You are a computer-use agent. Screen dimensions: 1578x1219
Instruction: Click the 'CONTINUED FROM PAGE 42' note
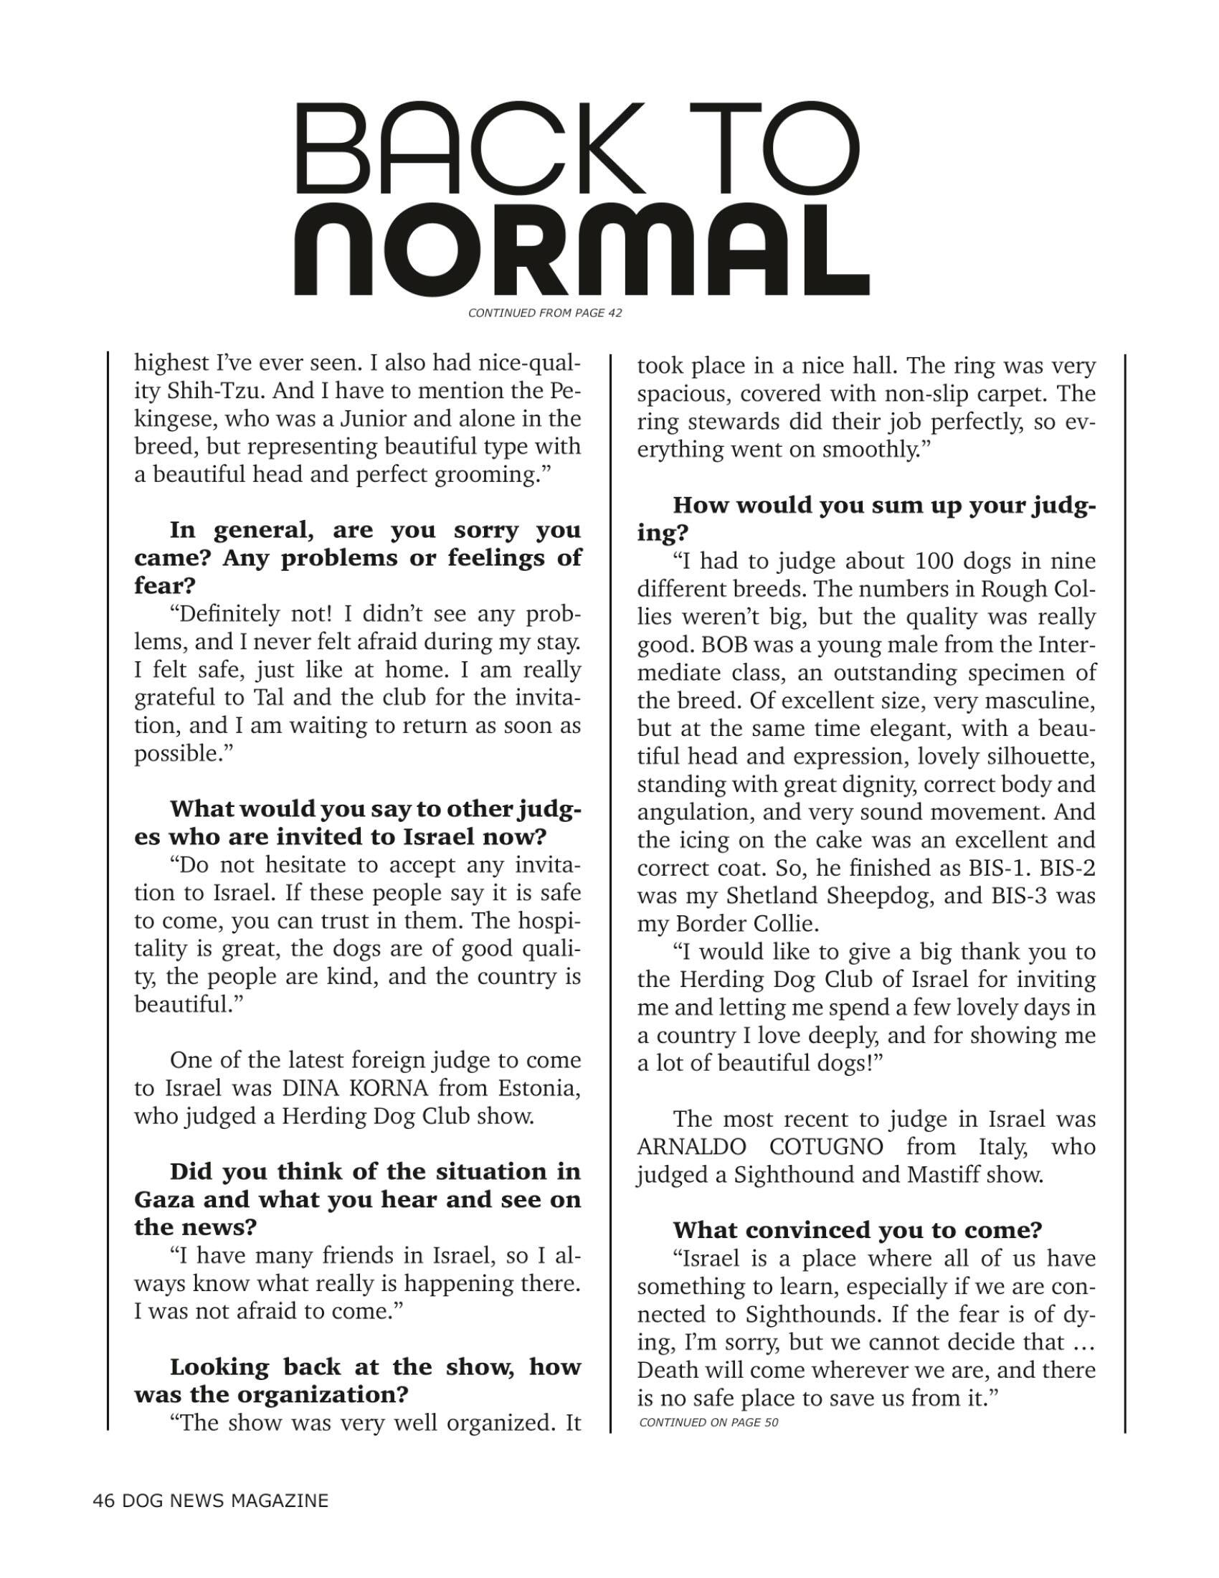click(545, 313)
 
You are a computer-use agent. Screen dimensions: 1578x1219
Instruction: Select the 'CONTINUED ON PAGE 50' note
click(708, 1422)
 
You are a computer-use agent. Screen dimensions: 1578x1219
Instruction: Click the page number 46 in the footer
click(103, 1501)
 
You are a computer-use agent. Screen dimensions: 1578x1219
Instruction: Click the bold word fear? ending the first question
click(165, 585)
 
